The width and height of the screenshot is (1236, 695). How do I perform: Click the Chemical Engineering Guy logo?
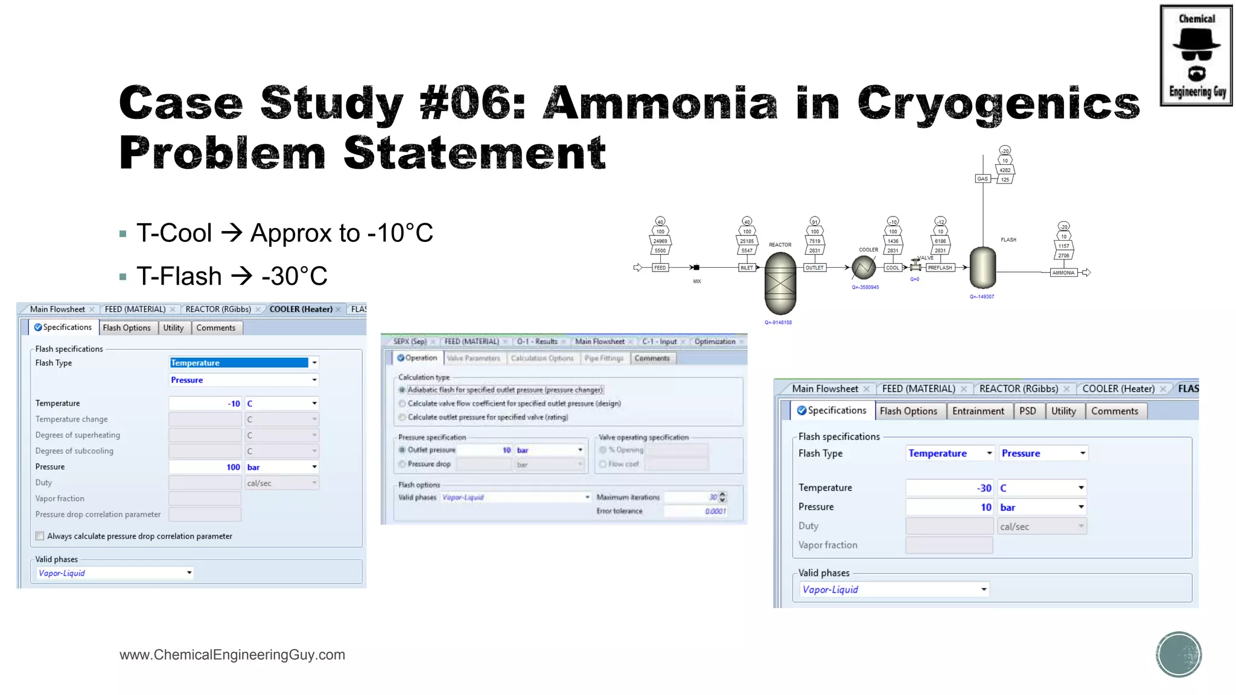pos(1196,56)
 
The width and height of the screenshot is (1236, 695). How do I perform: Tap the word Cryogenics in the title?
pos(998,103)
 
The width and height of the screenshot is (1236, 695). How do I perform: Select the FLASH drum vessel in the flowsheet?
pos(983,267)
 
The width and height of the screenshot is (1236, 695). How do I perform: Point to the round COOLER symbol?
pos(864,267)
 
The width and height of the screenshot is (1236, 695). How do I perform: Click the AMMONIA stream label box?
pos(1063,273)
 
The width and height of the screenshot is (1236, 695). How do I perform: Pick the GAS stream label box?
pos(983,179)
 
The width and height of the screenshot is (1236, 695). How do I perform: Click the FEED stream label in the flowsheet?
pos(660,267)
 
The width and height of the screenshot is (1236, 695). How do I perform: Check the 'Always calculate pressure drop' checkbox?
pos(40,536)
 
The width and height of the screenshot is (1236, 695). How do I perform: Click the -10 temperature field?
pos(205,403)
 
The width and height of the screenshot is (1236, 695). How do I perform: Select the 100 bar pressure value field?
pos(205,467)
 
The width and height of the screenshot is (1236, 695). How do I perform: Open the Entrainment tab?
pos(978,411)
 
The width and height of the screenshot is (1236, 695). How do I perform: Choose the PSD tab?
pos(1027,411)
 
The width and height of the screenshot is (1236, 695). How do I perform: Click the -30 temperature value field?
pos(950,487)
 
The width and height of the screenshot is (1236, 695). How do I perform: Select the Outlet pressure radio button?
pos(402,450)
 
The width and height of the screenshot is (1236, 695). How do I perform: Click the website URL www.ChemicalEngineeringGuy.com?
pos(232,655)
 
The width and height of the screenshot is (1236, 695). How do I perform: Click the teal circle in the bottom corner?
pos(1179,654)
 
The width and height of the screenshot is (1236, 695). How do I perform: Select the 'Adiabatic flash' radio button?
pos(402,390)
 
